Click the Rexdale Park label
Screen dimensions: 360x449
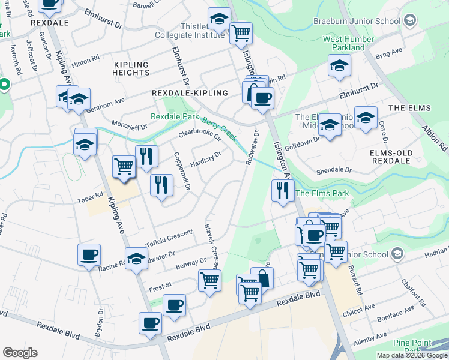tap(175, 116)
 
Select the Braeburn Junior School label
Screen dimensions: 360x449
tap(357, 22)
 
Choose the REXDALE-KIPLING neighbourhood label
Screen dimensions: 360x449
tap(190, 93)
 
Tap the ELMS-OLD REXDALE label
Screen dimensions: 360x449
tap(391, 158)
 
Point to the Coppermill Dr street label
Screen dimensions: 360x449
tap(181, 171)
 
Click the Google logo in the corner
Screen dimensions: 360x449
tap(20, 353)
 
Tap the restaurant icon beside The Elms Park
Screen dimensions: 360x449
tap(281, 191)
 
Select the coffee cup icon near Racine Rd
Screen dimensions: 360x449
tap(89, 254)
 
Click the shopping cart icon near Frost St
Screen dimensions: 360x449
tap(209, 280)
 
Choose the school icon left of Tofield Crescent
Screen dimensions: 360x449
tap(136, 259)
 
